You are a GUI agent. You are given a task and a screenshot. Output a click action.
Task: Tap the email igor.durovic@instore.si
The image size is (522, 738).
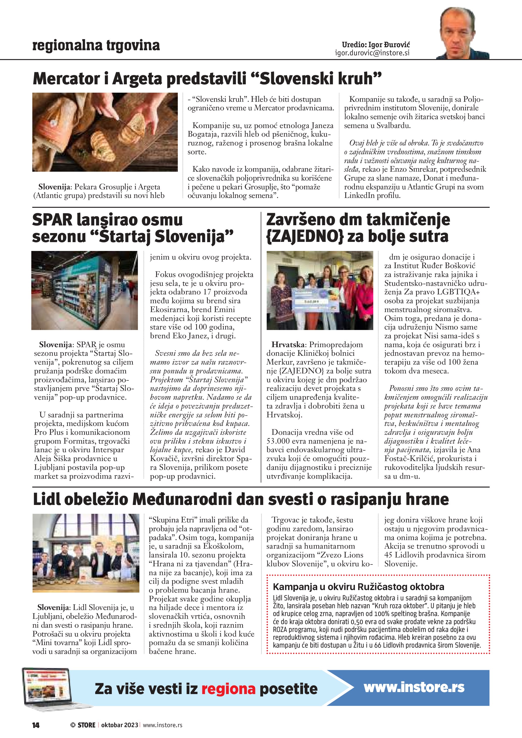click(x=372, y=53)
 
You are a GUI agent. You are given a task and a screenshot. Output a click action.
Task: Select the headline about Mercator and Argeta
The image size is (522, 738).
click(x=207, y=79)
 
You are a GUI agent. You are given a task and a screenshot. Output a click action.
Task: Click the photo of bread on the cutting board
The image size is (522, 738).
click(x=105, y=132)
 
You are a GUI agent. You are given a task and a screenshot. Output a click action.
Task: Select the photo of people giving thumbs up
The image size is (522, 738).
click(x=86, y=553)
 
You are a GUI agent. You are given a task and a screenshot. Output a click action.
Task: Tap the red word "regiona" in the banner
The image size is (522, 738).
click(x=228, y=689)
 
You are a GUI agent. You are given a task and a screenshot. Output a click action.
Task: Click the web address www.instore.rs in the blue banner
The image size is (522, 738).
click(x=414, y=688)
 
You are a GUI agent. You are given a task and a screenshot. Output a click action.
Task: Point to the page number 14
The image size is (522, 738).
click(x=36, y=725)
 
